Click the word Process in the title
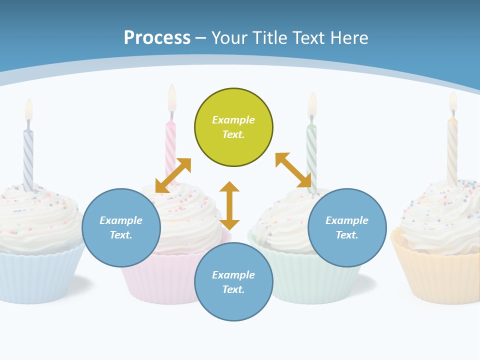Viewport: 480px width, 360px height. (x=157, y=38)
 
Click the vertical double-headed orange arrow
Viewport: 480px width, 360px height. (x=229, y=205)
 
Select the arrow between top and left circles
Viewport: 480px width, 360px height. (x=173, y=175)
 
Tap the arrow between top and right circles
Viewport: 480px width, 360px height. (x=293, y=170)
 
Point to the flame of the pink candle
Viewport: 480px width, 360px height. (x=172, y=97)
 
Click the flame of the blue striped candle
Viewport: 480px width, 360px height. (x=29, y=110)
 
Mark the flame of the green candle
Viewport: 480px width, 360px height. (x=312, y=104)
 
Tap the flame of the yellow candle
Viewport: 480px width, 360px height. (x=453, y=102)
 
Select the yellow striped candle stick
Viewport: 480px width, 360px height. (x=452, y=150)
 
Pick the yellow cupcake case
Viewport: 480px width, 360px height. (x=440, y=275)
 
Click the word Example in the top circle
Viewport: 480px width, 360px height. (x=233, y=120)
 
